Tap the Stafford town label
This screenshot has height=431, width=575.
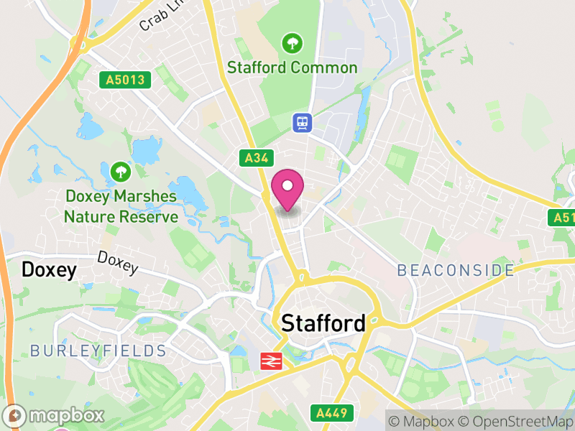[x=323, y=323]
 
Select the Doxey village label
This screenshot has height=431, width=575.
[x=49, y=270]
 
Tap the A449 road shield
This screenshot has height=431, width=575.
[x=332, y=413]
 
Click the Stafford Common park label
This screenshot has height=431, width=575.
[x=292, y=68]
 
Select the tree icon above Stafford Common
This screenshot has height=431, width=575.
[x=292, y=43]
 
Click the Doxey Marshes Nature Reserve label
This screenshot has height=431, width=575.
[x=121, y=206]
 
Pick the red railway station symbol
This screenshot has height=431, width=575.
[x=270, y=361]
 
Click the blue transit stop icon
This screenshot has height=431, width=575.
[x=302, y=122]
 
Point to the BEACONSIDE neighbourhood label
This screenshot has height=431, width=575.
[x=456, y=271]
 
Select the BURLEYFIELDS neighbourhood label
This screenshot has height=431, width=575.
[x=98, y=351]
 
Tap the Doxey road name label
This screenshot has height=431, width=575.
[x=117, y=262]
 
